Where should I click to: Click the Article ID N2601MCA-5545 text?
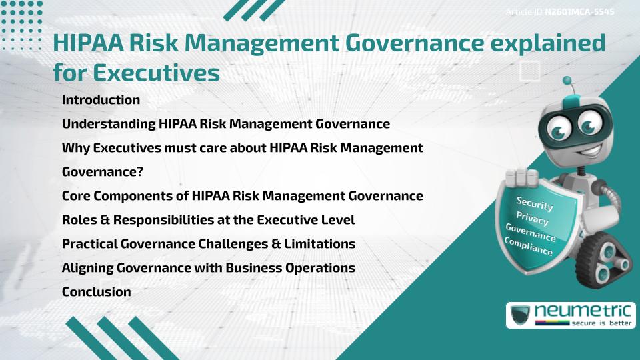click(x=559, y=11)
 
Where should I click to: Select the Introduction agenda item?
click(x=101, y=100)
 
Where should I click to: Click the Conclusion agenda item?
click(x=96, y=291)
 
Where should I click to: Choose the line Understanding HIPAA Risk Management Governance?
click(x=225, y=124)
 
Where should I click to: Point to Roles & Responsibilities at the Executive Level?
click(x=208, y=219)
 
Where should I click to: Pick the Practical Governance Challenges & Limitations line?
click(x=208, y=243)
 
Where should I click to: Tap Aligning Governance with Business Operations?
click(x=208, y=267)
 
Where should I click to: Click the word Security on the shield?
click(x=535, y=203)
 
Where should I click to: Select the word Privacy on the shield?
click(x=532, y=219)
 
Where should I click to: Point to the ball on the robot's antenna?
click(x=568, y=81)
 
